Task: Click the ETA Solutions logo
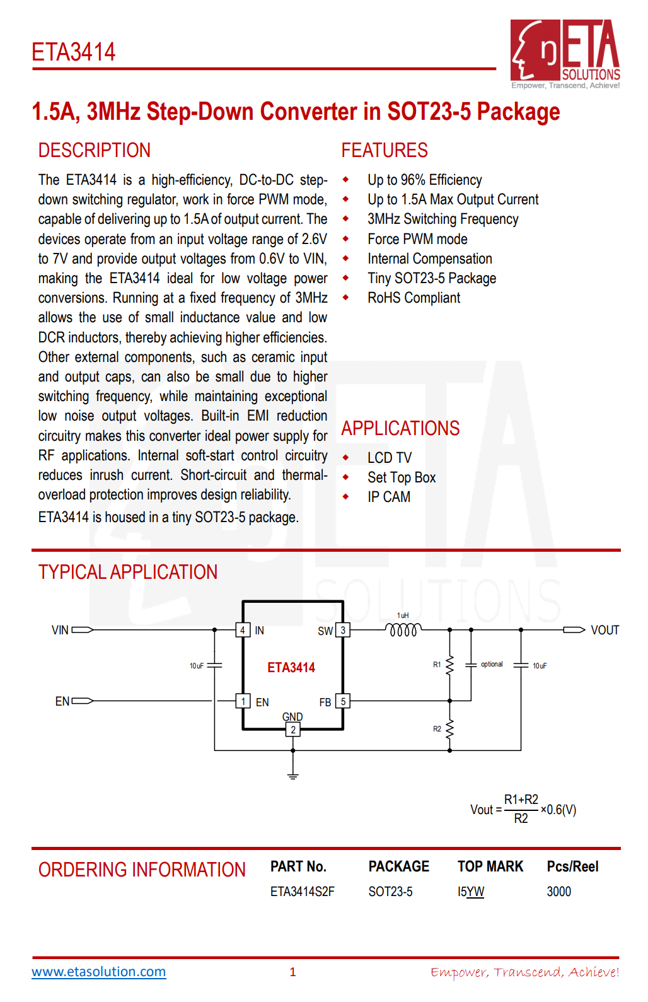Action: click(x=565, y=53)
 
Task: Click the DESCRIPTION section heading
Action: click(x=95, y=150)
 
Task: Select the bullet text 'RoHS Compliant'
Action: click(x=414, y=298)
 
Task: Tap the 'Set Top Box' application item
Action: click(x=402, y=477)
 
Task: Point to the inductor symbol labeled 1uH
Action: click(x=403, y=629)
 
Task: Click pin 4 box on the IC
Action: click(x=243, y=630)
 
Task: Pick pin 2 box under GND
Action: click(x=293, y=730)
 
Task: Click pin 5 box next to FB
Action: click(x=343, y=701)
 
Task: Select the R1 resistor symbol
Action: click(x=449, y=665)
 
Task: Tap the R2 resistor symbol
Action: click(x=449, y=730)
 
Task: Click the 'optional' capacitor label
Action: click(x=492, y=664)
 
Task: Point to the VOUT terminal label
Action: click(x=605, y=630)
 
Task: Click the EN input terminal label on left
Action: click(x=62, y=701)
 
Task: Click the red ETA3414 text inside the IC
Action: click(x=291, y=667)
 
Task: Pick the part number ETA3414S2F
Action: click(x=303, y=892)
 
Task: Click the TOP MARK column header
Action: click(x=490, y=866)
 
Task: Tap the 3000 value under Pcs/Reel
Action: click(x=559, y=892)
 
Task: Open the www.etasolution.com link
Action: click(x=99, y=972)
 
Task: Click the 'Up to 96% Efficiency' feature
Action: click(x=424, y=180)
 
